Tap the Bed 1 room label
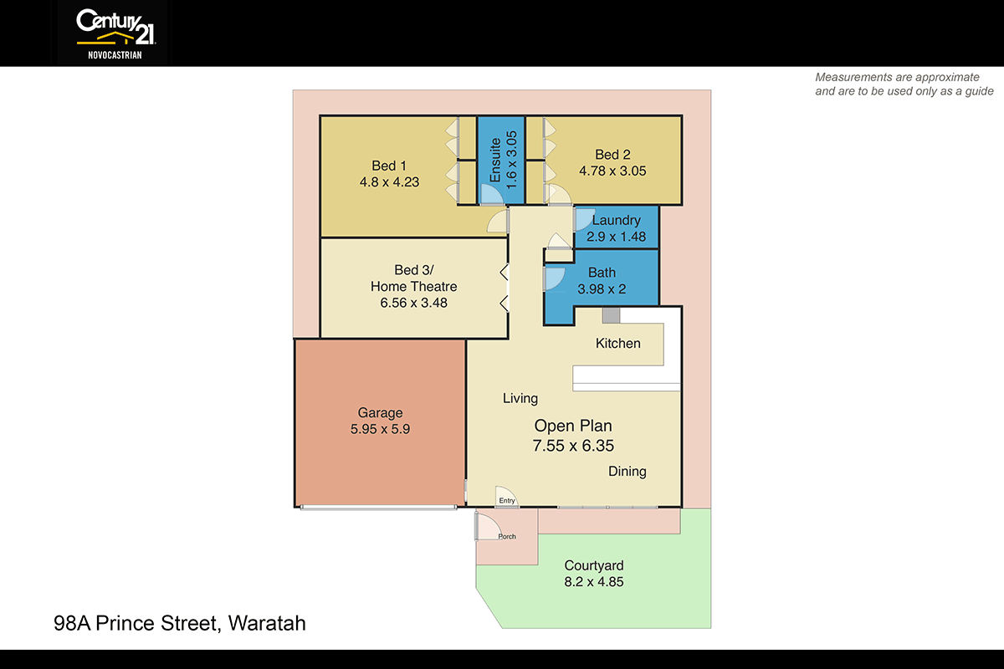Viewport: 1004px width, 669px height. tap(384, 166)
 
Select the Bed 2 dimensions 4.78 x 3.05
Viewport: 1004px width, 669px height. tap(612, 171)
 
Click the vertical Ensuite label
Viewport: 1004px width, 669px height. tap(495, 160)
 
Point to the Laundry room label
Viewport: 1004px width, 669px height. tap(616, 221)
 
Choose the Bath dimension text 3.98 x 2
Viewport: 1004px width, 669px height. tap(602, 289)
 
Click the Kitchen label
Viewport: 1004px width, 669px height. tap(617, 344)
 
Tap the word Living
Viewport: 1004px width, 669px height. tap(520, 399)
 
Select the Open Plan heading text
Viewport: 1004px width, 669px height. tap(574, 426)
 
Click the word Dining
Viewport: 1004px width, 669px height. tap(627, 472)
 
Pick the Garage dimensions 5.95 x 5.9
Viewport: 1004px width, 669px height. tap(380, 429)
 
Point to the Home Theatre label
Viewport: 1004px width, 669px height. tap(413, 287)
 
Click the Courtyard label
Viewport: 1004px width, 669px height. tap(593, 566)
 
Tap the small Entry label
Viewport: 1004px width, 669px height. tap(507, 501)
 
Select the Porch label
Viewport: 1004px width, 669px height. tap(507, 537)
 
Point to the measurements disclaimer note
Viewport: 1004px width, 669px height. tap(904, 84)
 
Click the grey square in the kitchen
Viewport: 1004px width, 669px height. tap(611, 315)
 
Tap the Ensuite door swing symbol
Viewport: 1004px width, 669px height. tap(490, 194)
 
